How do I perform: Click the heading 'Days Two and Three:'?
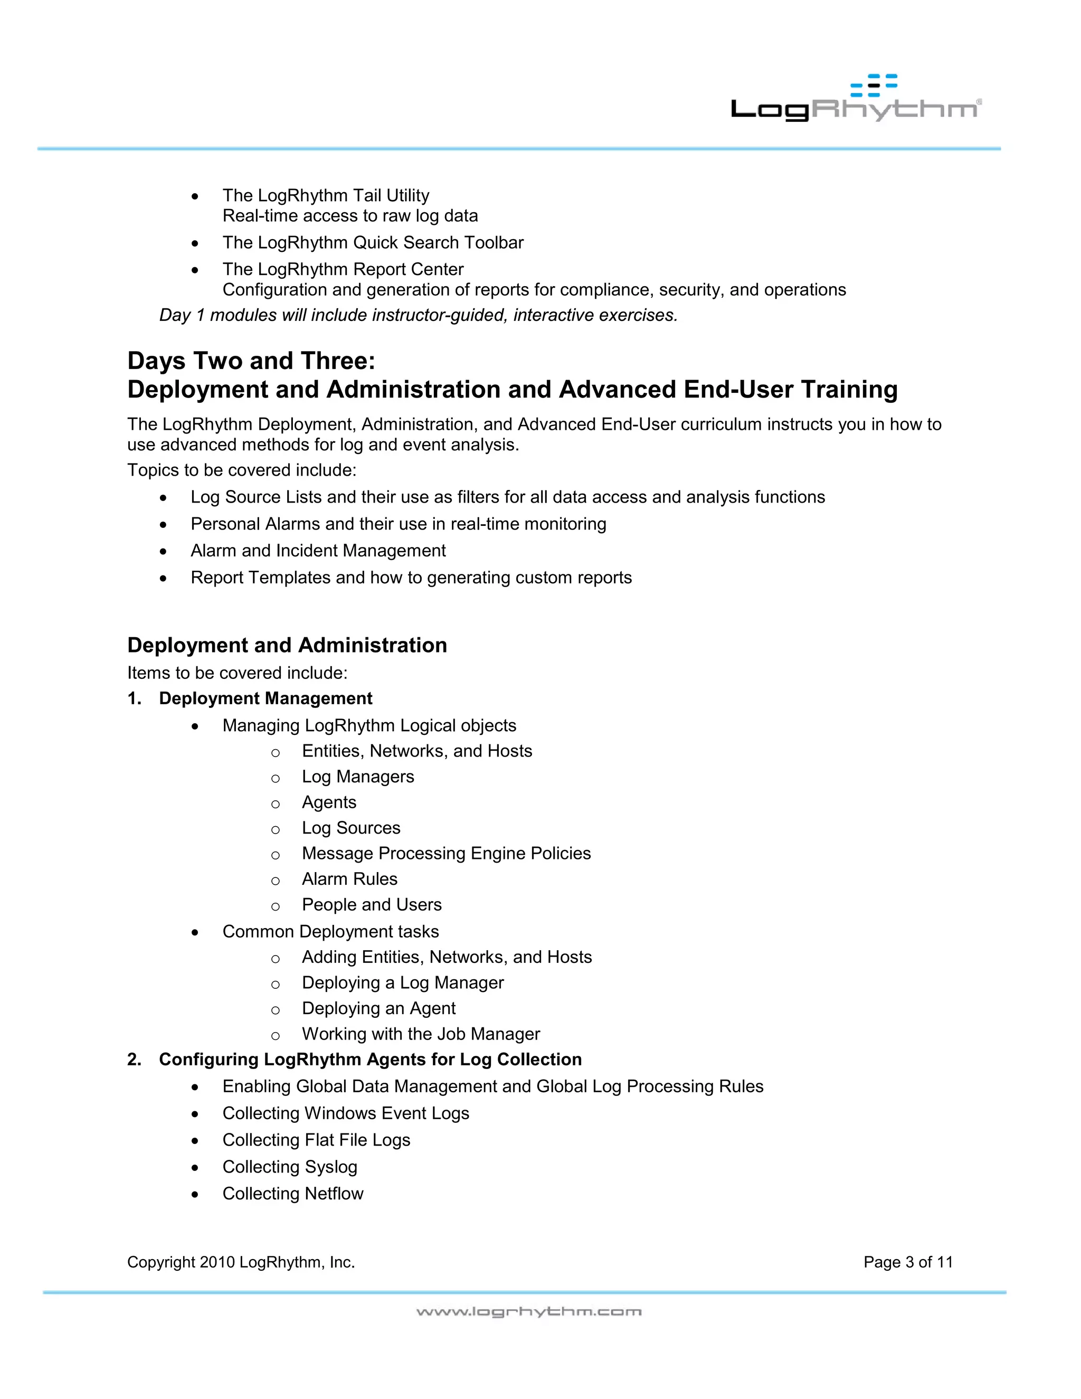coord(251,361)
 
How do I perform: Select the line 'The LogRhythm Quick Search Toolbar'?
coord(373,243)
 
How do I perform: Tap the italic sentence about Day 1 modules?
coord(418,315)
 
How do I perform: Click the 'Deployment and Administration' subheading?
coord(287,645)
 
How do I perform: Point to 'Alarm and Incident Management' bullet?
coord(318,551)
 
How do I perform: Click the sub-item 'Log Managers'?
coord(357,777)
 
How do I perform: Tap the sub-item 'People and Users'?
coord(372,905)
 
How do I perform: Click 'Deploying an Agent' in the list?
coord(378,1009)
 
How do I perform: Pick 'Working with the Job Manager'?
coord(421,1035)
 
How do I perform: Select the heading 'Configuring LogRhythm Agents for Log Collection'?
coord(370,1060)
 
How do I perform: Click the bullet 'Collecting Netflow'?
coord(292,1194)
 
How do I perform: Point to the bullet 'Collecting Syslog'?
coord(289,1167)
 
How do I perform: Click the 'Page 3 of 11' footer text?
coord(907,1263)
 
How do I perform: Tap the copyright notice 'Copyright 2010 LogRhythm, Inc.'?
coord(241,1263)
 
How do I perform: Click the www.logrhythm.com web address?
coord(528,1312)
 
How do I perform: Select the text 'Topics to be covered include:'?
coord(241,470)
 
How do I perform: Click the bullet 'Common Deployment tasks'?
coord(330,932)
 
